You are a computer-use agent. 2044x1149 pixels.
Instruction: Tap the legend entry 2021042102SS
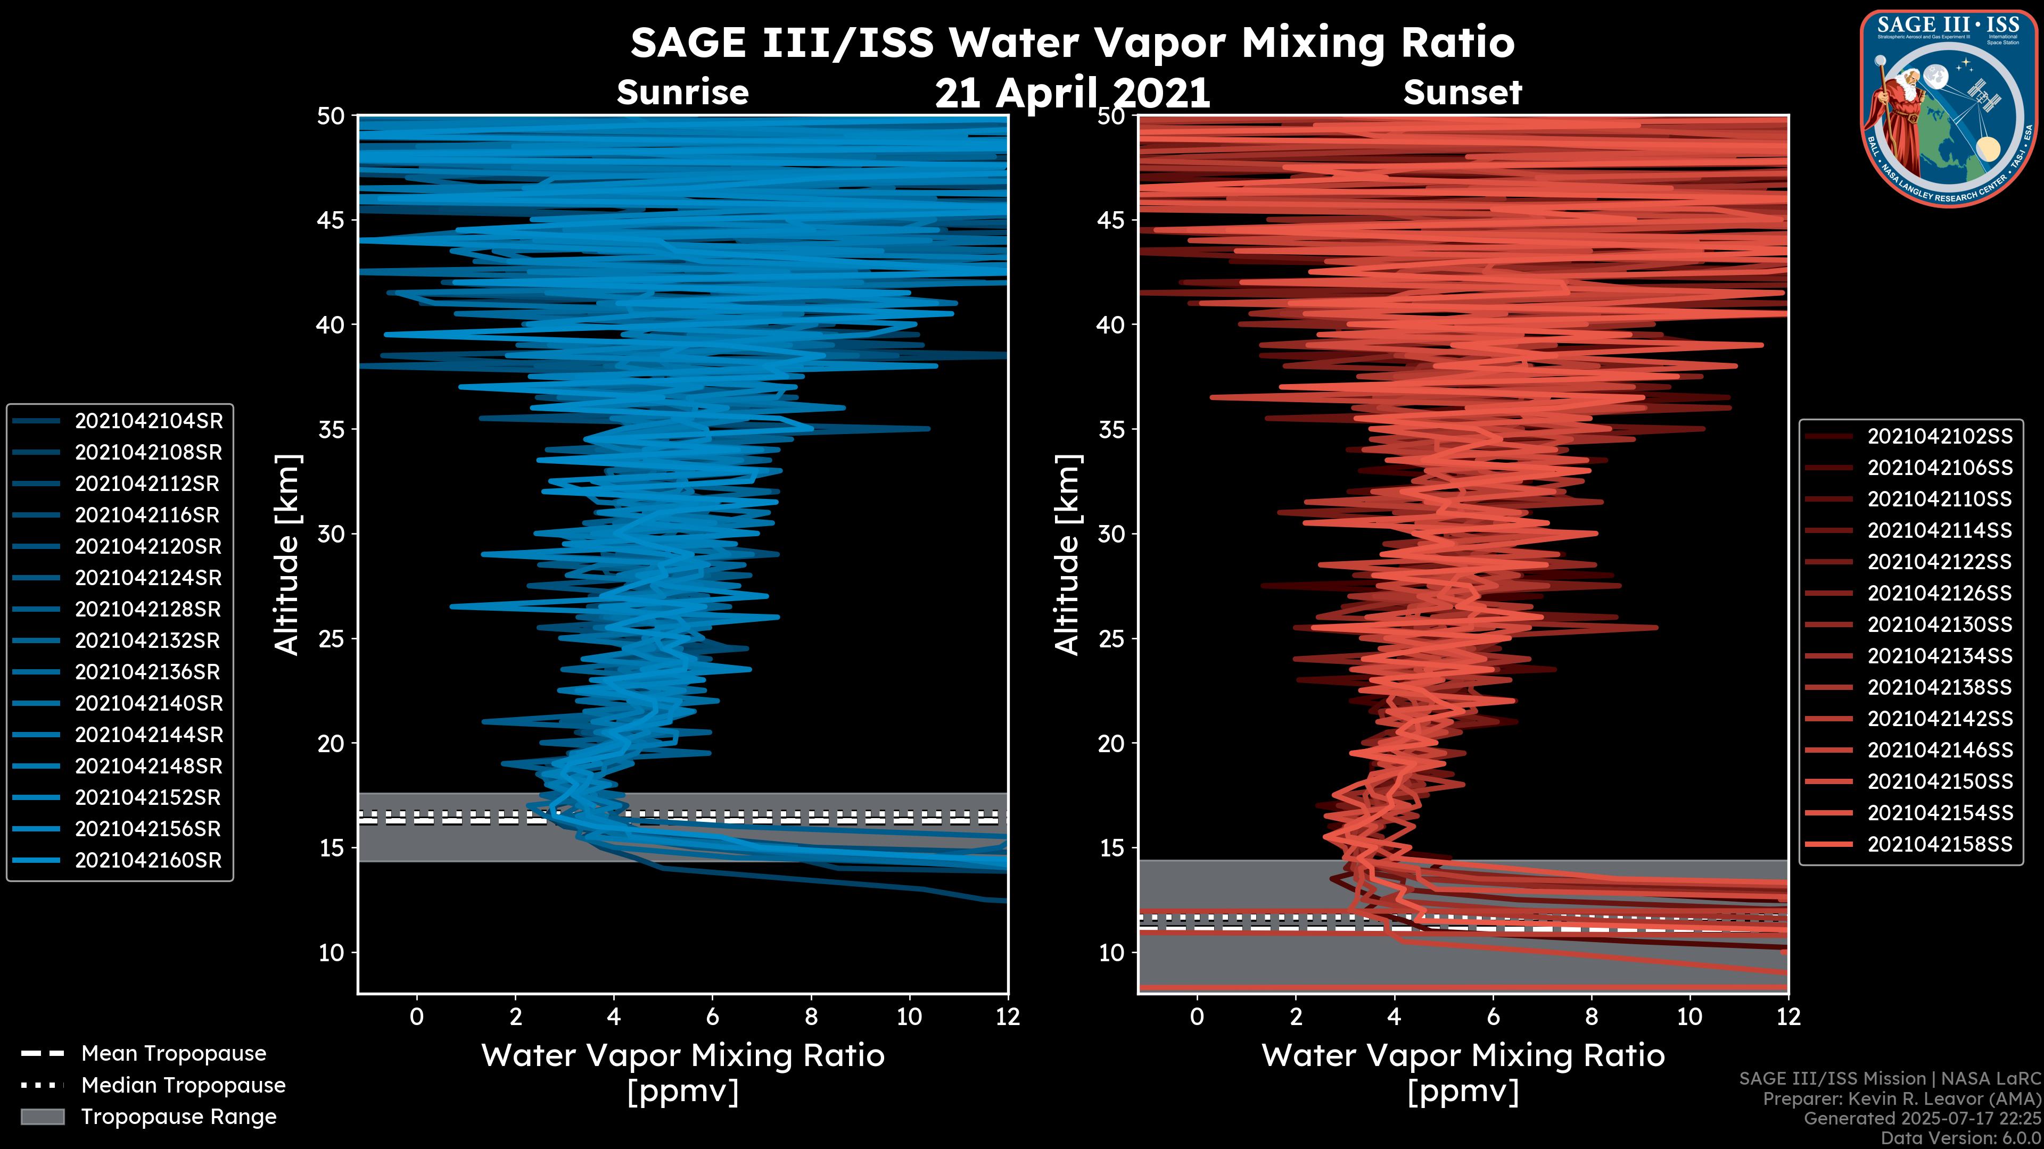pyautogui.click(x=1939, y=437)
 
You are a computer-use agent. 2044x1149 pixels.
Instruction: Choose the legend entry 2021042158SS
pyautogui.click(x=1939, y=845)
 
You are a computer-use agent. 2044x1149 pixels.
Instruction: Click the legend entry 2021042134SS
pyautogui.click(x=1939, y=656)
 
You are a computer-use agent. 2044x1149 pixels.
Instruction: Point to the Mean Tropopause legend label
pyautogui.click(x=174, y=1054)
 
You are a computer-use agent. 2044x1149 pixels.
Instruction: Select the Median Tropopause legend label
pyautogui.click(x=183, y=1086)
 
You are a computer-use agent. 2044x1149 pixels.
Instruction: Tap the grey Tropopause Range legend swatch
pyautogui.click(x=43, y=1117)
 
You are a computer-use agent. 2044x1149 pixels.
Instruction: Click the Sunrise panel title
pyautogui.click(x=682, y=93)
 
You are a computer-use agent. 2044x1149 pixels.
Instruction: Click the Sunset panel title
pyautogui.click(x=1462, y=93)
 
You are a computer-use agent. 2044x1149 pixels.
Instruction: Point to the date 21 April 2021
pyautogui.click(x=1072, y=94)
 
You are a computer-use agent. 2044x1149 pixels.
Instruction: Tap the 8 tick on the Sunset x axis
pyautogui.click(x=1591, y=1017)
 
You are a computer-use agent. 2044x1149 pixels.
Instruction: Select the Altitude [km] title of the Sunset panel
pyautogui.click(x=1067, y=555)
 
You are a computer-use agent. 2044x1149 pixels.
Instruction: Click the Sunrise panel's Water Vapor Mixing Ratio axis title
pyautogui.click(x=682, y=1056)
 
